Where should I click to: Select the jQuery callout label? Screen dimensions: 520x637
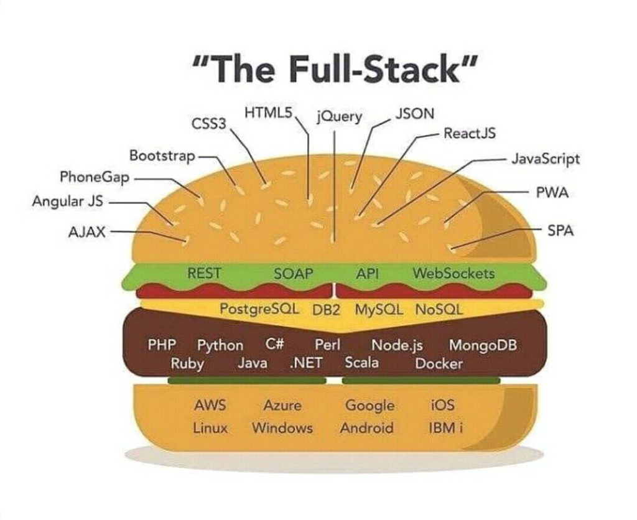pyautogui.click(x=339, y=116)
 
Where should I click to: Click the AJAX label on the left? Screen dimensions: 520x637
pyautogui.click(x=87, y=232)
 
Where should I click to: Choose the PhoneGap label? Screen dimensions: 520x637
pyautogui.click(x=95, y=177)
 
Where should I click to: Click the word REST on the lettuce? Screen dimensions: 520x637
pyautogui.click(x=204, y=273)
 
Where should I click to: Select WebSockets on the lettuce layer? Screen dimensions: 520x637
pyautogui.click(x=453, y=273)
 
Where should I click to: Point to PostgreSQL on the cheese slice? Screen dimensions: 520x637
pyautogui.click(x=259, y=309)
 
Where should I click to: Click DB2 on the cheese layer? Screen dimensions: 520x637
pyautogui.click(x=327, y=310)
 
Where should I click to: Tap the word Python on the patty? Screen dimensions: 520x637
pyautogui.click(x=220, y=345)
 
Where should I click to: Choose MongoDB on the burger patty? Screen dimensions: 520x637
pyautogui.click(x=483, y=345)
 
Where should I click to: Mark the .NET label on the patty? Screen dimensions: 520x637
pyautogui.click(x=305, y=363)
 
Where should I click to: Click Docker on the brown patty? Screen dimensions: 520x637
pyautogui.click(x=439, y=363)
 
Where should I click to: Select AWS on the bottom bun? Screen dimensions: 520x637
pyautogui.click(x=210, y=406)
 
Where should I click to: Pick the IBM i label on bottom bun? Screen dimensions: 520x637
pyautogui.click(x=445, y=428)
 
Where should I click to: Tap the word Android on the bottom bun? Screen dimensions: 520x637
pyautogui.click(x=366, y=428)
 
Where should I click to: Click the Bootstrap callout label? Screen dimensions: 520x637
pyautogui.click(x=162, y=155)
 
